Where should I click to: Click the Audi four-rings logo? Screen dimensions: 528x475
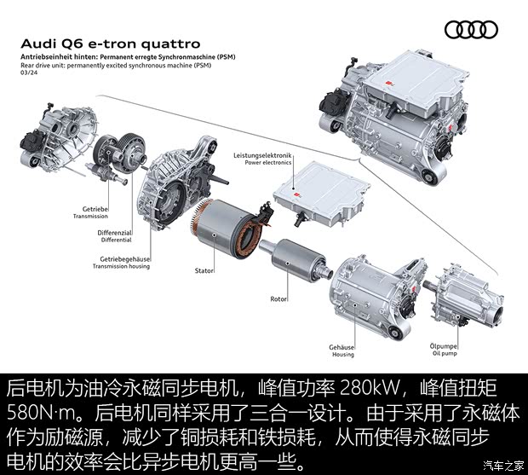coord(471,30)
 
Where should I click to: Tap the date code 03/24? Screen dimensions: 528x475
coord(29,72)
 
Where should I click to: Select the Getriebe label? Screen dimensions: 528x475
coord(95,209)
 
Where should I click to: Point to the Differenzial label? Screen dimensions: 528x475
coord(114,233)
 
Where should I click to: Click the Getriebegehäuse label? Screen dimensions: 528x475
coord(125,259)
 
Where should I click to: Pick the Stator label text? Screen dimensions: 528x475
coord(204,270)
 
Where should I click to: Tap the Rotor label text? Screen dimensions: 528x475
coord(279,298)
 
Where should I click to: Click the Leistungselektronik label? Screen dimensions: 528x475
coord(262,155)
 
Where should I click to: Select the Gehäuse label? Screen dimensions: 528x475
coord(341,347)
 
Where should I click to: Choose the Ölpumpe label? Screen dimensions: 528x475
coord(444,346)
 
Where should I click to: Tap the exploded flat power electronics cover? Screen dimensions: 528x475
coord(321,194)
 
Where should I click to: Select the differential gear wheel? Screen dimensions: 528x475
coord(132,153)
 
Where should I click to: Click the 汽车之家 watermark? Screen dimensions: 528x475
coord(503,466)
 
